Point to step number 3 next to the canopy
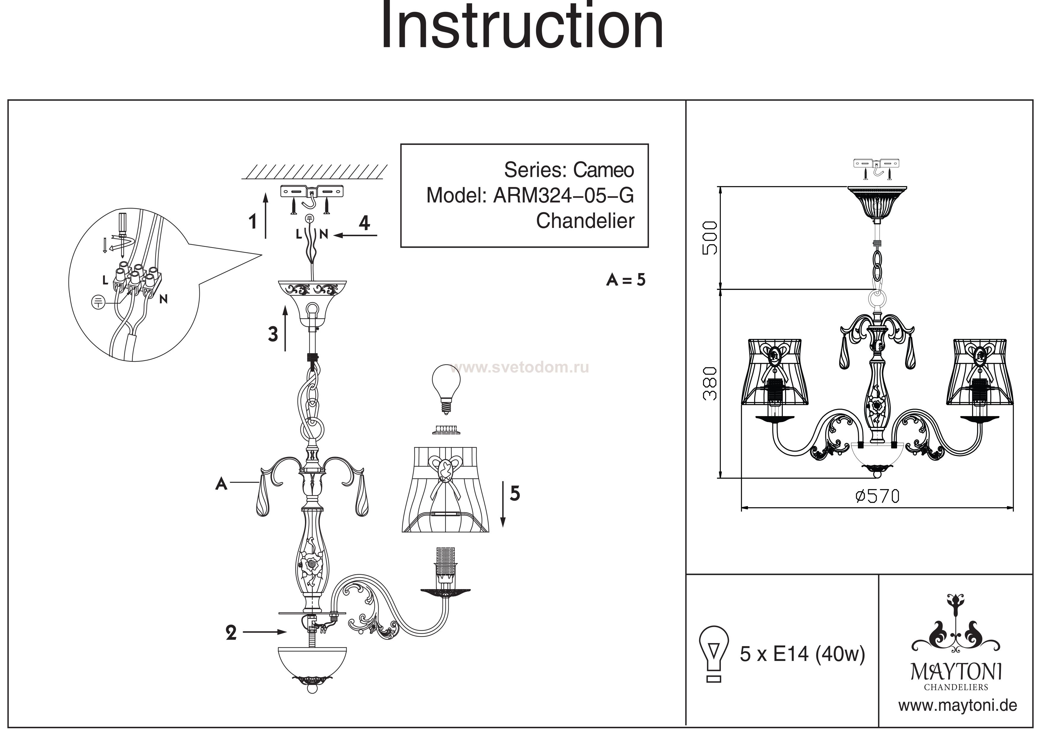tap(272, 334)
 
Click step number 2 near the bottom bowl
tap(231, 633)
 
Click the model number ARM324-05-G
tap(563, 196)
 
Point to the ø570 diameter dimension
tap(877, 497)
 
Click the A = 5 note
tap(626, 280)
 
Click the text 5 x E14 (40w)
tap(802, 654)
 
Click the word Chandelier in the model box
tap(585, 221)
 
